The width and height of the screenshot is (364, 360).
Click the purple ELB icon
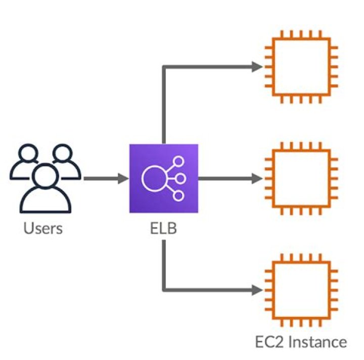[x=163, y=178]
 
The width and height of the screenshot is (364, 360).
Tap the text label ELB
[x=163, y=228]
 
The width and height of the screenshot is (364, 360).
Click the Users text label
[x=43, y=228]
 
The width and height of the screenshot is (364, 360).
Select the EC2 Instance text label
[x=301, y=341]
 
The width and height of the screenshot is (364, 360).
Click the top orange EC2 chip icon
[x=301, y=66]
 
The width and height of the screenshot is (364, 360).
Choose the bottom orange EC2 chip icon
[x=301, y=290]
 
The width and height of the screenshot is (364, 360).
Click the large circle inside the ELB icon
[x=154, y=178]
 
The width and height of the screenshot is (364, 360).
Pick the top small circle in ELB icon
[x=177, y=161]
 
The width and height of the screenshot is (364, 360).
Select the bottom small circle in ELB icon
[x=177, y=195]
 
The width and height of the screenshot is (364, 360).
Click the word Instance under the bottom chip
[x=316, y=341]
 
